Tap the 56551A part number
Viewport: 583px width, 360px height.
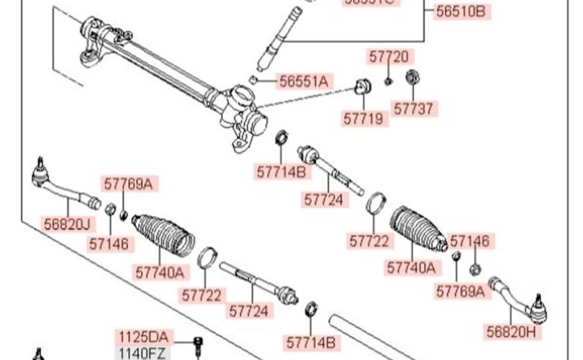(x=303, y=81)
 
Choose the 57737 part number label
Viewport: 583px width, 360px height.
(x=415, y=109)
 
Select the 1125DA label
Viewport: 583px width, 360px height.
(x=143, y=337)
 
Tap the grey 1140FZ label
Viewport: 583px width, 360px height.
(x=143, y=352)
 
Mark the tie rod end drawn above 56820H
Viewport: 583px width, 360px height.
(x=518, y=299)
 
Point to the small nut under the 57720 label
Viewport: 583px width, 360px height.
(x=387, y=81)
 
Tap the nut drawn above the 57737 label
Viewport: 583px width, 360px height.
(x=412, y=76)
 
